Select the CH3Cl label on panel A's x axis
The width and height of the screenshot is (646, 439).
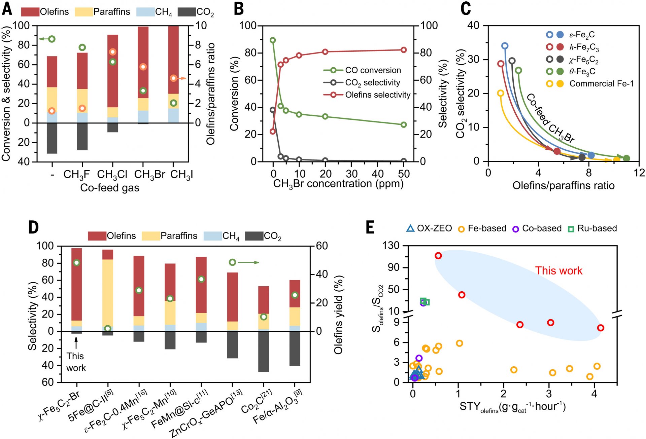(112, 175)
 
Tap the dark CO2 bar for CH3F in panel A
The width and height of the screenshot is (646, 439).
(82, 137)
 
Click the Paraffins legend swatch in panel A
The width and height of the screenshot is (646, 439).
(83, 12)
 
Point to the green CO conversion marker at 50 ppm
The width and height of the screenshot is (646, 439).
(404, 125)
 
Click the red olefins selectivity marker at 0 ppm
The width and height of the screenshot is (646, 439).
(273, 131)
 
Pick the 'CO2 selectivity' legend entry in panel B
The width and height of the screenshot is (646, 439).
(362, 83)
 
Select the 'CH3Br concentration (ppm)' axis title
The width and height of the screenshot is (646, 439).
(338, 184)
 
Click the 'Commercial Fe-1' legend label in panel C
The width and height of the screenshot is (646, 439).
(602, 83)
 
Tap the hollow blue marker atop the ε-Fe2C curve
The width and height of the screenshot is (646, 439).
(505, 46)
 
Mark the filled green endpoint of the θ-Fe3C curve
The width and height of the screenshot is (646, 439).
(626, 158)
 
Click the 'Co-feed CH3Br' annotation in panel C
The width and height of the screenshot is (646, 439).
(550, 119)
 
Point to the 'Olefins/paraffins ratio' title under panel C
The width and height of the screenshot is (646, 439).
(564, 185)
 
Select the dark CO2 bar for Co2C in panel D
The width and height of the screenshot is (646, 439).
(264, 352)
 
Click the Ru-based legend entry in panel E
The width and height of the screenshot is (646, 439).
(593, 228)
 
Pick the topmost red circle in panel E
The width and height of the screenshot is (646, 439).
(438, 256)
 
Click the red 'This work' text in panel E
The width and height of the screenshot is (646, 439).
(559, 271)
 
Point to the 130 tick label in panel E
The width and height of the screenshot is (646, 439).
(391, 246)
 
